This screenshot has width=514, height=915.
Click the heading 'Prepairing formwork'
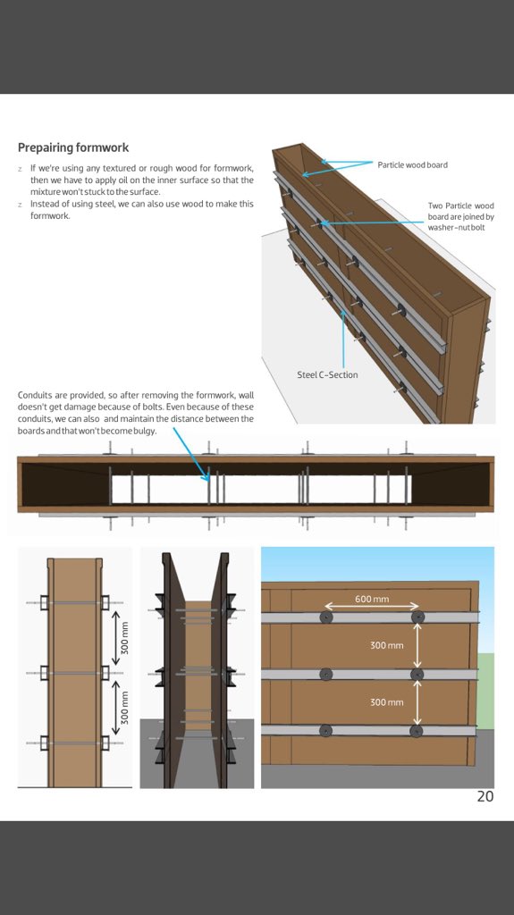coord(73,147)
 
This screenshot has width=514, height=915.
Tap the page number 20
coord(485,796)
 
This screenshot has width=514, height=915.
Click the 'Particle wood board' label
coord(412,165)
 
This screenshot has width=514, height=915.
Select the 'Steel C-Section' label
coord(327,374)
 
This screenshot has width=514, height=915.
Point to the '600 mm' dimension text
coord(372,600)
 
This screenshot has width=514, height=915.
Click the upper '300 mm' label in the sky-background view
coord(387,645)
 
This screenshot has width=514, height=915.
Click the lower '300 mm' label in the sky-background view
coord(387,702)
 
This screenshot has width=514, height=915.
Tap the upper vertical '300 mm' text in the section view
coord(124,638)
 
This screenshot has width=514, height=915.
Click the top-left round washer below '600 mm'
coord(326,617)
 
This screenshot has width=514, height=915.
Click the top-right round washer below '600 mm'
coord(417,617)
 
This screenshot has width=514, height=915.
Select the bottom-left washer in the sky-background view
coord(326,731)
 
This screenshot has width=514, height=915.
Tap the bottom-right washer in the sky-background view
coord(416,731)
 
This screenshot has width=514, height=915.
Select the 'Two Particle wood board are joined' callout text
coord(461,216)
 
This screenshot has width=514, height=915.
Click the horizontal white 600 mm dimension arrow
coord(372,607)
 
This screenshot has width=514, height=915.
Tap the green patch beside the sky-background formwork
coord(486,691)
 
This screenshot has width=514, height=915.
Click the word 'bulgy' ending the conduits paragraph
coord(145,432)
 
